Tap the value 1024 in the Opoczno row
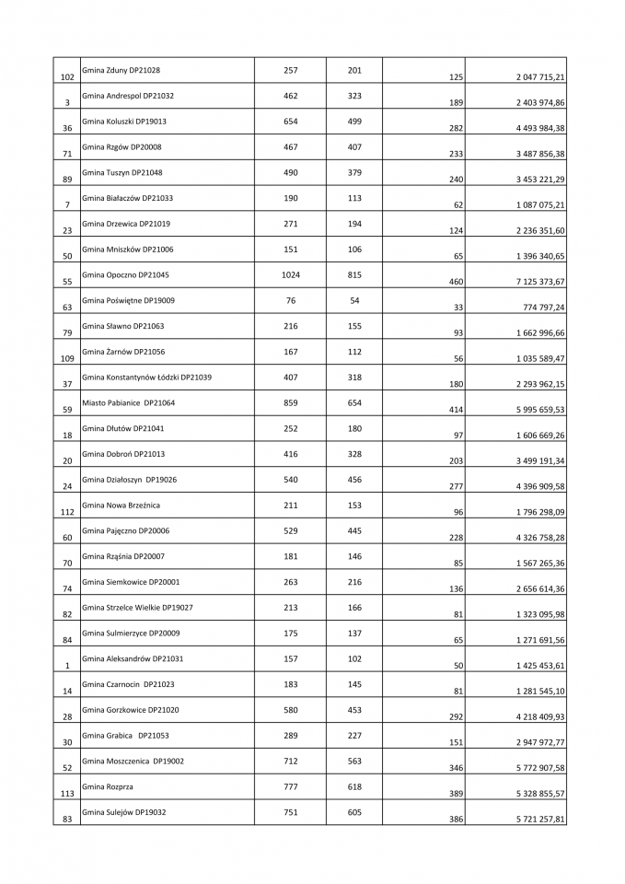[290, 274]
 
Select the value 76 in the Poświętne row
[290, 300]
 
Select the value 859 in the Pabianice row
[290, 402]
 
